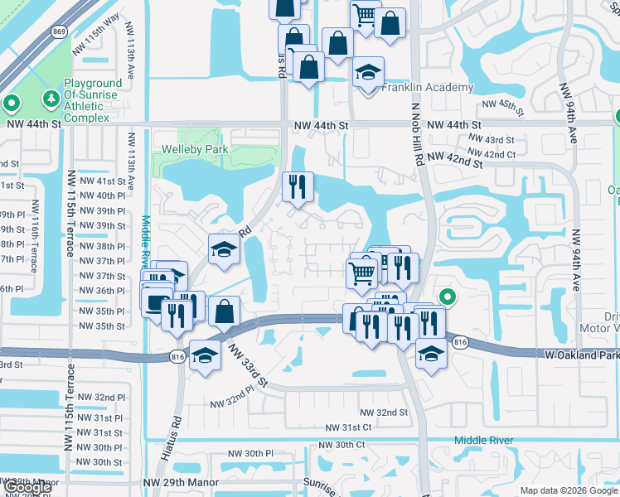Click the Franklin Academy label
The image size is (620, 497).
point(429,87)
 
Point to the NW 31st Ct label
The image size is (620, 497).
point(349,427)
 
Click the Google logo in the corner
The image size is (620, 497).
point(27,486)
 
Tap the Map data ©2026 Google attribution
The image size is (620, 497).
point(568,490)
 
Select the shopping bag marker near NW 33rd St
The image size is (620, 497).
point(225,312)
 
